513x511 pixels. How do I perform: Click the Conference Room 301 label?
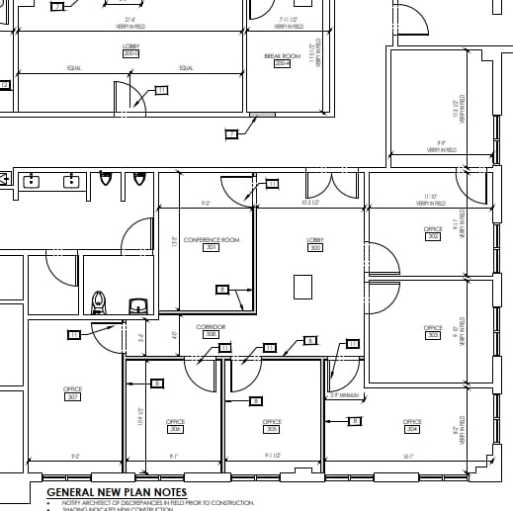pos(211,243)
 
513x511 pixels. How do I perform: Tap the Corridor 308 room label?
pos(211,330)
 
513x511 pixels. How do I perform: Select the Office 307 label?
pos(72,393)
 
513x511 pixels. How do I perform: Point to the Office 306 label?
pos(175,426)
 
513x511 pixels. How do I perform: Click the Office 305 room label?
pos(272,426)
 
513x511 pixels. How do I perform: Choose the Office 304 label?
pos(412,426)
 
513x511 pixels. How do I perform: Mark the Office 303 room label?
pos(433,331)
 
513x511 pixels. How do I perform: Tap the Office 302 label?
pos(433,234)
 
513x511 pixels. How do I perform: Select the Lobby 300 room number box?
pos(315,248)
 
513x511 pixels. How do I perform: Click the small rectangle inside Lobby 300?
pos(304,286)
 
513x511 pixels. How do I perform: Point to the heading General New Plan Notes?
pos(117,491)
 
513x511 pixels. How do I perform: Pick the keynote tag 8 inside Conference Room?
pos(222,289)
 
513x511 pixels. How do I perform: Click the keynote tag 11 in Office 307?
pos(73,334)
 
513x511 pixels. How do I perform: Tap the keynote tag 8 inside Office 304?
pos(355,421)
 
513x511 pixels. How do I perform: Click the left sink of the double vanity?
pos(31,181)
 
